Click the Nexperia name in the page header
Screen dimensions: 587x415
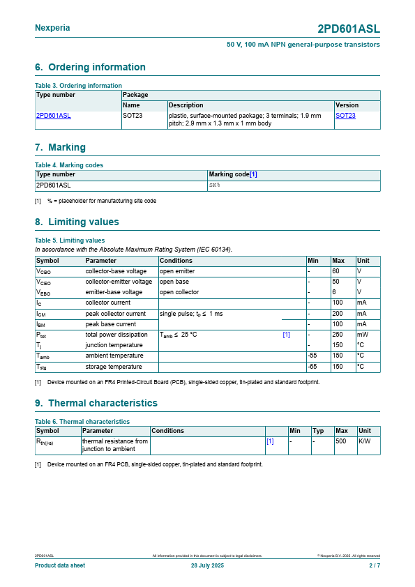point(52,28)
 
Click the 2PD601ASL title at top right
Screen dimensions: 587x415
point(348,29)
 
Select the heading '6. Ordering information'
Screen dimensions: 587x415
point(90,67)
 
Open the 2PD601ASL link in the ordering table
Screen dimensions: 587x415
point(54,116)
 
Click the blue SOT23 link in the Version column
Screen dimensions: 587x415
point(345,116)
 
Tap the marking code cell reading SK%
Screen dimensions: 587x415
point(215,185)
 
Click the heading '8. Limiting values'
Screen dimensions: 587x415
point(77,222)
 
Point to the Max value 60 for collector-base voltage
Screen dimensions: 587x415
point(335,271)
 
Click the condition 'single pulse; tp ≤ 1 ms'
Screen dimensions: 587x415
point(191,314)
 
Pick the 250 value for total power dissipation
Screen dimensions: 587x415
point(338,335)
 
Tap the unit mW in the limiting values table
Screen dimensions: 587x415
point(362,335)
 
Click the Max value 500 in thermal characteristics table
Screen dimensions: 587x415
point(341,441)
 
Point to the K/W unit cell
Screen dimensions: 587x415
point(365,441)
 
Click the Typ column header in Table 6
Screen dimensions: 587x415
point(319,431)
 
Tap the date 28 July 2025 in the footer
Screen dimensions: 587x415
point(207,565)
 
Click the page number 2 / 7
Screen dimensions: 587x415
point(375,565)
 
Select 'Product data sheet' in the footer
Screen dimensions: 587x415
point(60,565)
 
